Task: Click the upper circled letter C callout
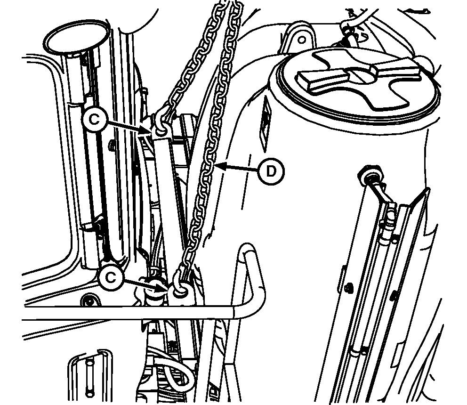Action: tap(95, 120)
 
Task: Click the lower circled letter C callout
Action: tap(111, 278)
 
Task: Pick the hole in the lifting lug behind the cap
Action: tap(302, 40)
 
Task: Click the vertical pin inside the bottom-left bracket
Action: tap(89, 379)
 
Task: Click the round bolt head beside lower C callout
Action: tap(89, 300)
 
